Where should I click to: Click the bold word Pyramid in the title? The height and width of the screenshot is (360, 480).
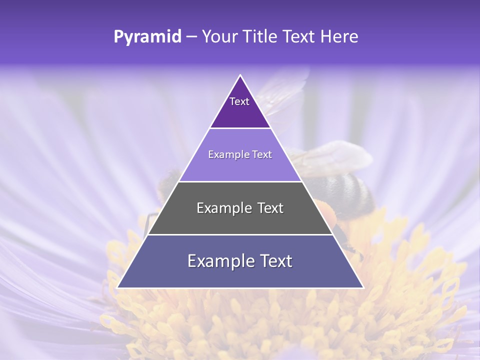click(147, 37)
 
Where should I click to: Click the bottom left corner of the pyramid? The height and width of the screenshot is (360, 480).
click(117, 287)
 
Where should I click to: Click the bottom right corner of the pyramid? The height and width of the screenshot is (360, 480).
click(363, 287)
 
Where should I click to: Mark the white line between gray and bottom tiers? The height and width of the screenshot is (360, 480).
click(240, 234)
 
